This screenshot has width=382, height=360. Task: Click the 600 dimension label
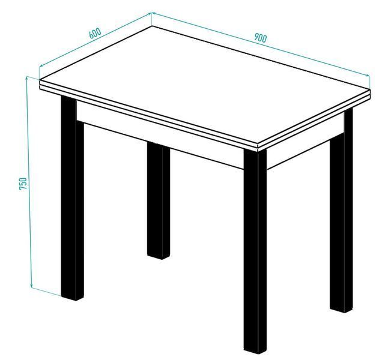point(95,34)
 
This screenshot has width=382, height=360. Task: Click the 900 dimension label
point(261,38)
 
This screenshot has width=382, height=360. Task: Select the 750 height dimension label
point(23,184)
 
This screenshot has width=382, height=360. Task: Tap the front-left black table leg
point(72,199)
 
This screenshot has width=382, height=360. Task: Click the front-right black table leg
point(255,251)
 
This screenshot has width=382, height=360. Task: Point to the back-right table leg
point(341,211)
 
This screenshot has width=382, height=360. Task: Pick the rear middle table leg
point(159,200)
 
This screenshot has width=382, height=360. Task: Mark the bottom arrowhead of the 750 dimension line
point(31,285)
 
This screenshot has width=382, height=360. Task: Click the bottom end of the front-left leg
point(72,299)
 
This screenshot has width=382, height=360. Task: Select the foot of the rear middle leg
point(159,257)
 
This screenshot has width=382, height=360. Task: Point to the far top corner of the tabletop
point(152,26)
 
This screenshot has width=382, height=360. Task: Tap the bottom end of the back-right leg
point(341,311)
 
